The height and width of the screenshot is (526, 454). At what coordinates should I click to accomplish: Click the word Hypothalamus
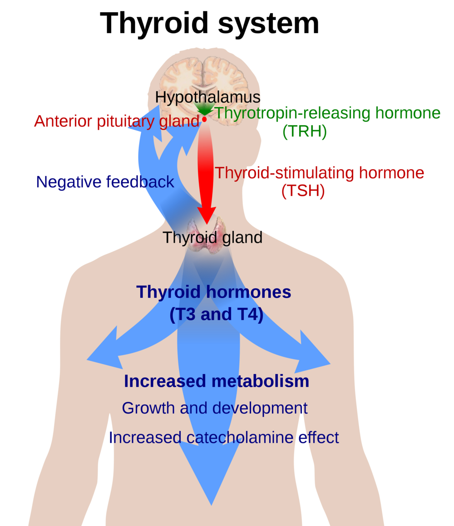click(207, 97)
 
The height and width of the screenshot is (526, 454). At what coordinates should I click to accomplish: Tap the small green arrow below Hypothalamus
click(204, 109)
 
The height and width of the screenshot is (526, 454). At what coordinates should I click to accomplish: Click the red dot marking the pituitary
click(204, 119)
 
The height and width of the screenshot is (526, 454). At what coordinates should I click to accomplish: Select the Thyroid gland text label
click(212, 238)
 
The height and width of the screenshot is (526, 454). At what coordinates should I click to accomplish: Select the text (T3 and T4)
click(216, 314)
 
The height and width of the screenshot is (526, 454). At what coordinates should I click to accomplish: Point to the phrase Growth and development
click(215, 408)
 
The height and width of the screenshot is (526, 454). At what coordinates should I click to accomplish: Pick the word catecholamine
click(240, 438)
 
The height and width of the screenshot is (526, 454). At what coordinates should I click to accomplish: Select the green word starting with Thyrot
click(237, 113)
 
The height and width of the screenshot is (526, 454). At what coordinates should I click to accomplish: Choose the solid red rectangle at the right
click(336, 200)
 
